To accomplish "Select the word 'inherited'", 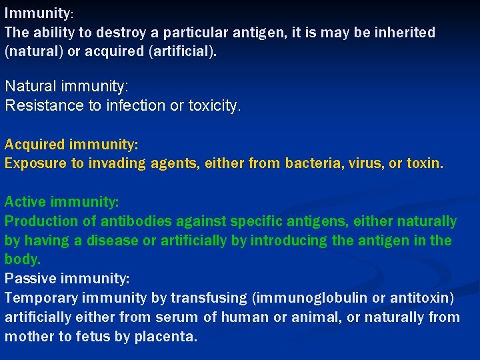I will click(405, 32).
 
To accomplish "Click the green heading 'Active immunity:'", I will click(61, 201).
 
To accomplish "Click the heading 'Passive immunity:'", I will click(67, 278).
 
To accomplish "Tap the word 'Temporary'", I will click(42, 297).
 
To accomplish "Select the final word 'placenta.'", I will click(167, 336).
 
